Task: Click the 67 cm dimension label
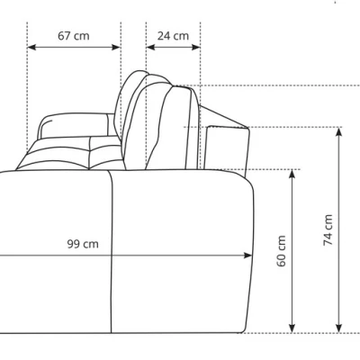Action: [x=74, y=36]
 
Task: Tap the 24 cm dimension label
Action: [x=173, y=36]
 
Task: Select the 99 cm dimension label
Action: [x=83, y=244]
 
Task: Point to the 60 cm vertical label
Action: [x=282, y=251]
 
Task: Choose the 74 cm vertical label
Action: [x=328, y=230]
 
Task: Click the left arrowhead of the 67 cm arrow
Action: [x=31, y=47]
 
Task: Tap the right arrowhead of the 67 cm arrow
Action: [x=116, y=47]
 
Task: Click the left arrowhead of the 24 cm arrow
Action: [x=150, y=47]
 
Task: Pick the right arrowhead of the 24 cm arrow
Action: [x=195, y=47]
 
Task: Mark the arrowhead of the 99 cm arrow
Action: [x=247, y=256]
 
